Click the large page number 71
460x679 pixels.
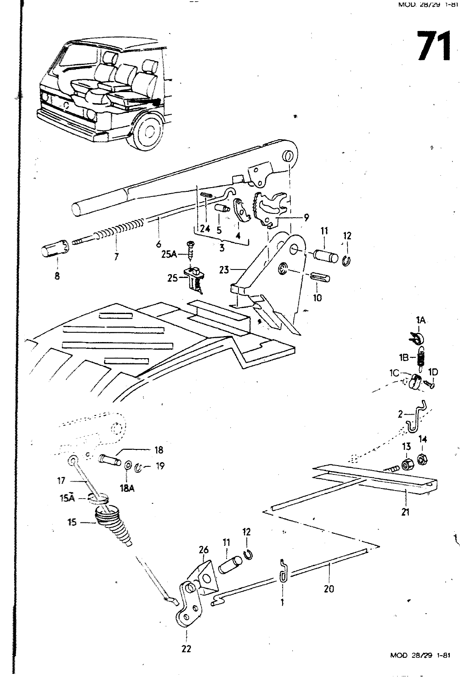(433, 46)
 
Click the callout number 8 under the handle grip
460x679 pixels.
(57, 276)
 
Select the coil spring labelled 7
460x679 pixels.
(119, 229)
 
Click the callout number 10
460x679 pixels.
(317, 297)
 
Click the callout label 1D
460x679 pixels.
(433, 372)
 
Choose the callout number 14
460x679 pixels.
(423, 439)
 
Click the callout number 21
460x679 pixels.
(405, 512)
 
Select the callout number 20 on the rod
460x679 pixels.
(329, 589)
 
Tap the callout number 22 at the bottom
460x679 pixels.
(186, 648)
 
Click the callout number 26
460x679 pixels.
(204, 550)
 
